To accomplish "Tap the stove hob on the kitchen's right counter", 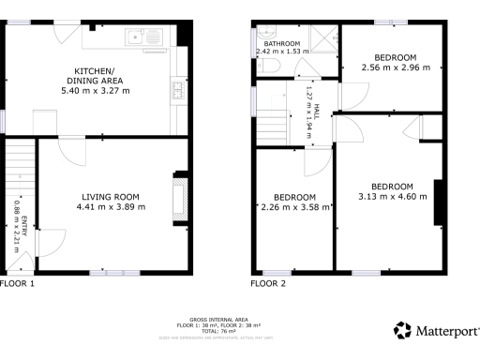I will tap(176, 90).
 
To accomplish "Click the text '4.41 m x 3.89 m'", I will tap(111, 207).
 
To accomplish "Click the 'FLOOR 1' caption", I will tap(18, 282).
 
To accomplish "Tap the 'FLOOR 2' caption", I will tap(268, 282).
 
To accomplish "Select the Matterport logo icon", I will tap(402, 330).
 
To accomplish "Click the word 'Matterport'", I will tap(446, 331).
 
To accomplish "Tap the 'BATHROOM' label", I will tap(281, 44).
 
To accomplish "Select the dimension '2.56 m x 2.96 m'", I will tap(388, 67).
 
